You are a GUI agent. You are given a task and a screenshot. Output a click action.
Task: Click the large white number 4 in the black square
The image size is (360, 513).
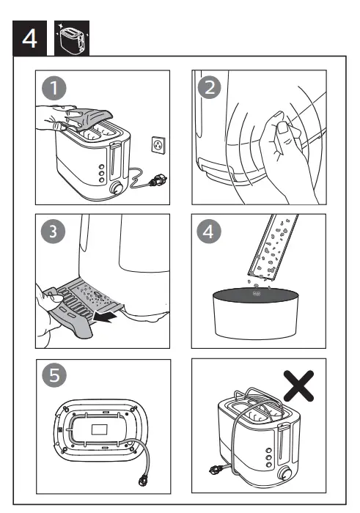(29, 39)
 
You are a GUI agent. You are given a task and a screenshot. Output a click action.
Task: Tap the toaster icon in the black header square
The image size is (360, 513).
(72, 38)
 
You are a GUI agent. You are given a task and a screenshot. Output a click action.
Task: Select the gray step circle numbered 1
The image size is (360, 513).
(54, 89)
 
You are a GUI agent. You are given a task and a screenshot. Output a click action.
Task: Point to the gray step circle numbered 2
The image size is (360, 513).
(210, 87)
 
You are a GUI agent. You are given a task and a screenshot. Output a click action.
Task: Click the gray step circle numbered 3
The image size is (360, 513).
(53, 232)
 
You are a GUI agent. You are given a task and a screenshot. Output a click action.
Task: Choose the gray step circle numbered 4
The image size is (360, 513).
(208, 232)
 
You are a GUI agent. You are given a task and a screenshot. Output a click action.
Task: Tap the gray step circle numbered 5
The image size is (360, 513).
(54, 375)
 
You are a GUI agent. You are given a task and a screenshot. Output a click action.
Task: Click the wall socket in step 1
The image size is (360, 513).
(158, 144)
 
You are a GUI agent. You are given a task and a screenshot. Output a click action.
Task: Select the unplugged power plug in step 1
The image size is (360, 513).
(158, 180)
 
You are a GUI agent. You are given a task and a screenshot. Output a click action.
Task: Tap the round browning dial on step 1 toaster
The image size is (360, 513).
(117, 188)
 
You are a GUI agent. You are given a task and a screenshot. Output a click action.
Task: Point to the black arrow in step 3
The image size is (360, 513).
(104, 317)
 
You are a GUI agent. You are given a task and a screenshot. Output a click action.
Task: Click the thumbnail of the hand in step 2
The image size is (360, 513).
(282, 128)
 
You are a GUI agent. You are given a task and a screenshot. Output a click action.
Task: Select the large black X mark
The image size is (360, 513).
(298, 385)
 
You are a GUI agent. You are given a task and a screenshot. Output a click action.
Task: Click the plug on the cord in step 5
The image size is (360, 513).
(143, 479)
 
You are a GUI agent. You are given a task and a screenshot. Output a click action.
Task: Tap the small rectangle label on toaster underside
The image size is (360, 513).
(100, 429)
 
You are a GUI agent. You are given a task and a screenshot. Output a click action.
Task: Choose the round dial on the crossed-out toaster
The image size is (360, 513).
(284, 473)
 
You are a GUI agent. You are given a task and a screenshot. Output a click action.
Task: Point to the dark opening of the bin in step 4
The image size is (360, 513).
(255, 294)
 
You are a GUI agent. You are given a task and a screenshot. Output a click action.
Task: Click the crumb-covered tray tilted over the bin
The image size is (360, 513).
(272, 248)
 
